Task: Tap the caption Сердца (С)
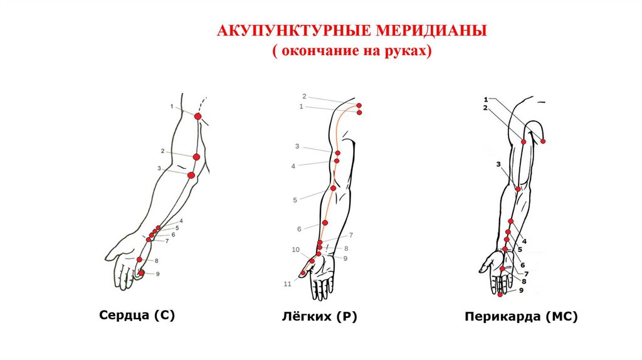click(x=137, y=315)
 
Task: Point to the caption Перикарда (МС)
click(x=521, y=317)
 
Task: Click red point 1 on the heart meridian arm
click(x=197, y=117)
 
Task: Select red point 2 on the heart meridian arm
click(x=196, y=157)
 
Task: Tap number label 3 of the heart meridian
click(x=159, y=168)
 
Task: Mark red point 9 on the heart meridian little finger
click(x=142, y=273)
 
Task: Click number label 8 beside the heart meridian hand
click(x=155, y=260)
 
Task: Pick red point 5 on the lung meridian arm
click(x=334, y=188)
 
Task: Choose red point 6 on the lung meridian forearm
click(x=325, y=223)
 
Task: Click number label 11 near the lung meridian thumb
click(x=287, y=284)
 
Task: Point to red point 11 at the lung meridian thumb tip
click(x=303, y=273)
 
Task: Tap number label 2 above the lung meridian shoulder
click(x=304, y=96)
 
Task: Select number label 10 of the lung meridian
click(x=295, y=250)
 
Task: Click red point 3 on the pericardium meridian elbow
click(x=518, y=189)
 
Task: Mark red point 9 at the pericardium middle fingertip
click(x=500, y=294)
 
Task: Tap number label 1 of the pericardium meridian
click(x=485, y=98)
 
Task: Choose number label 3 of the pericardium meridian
click(x=498, y=164)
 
